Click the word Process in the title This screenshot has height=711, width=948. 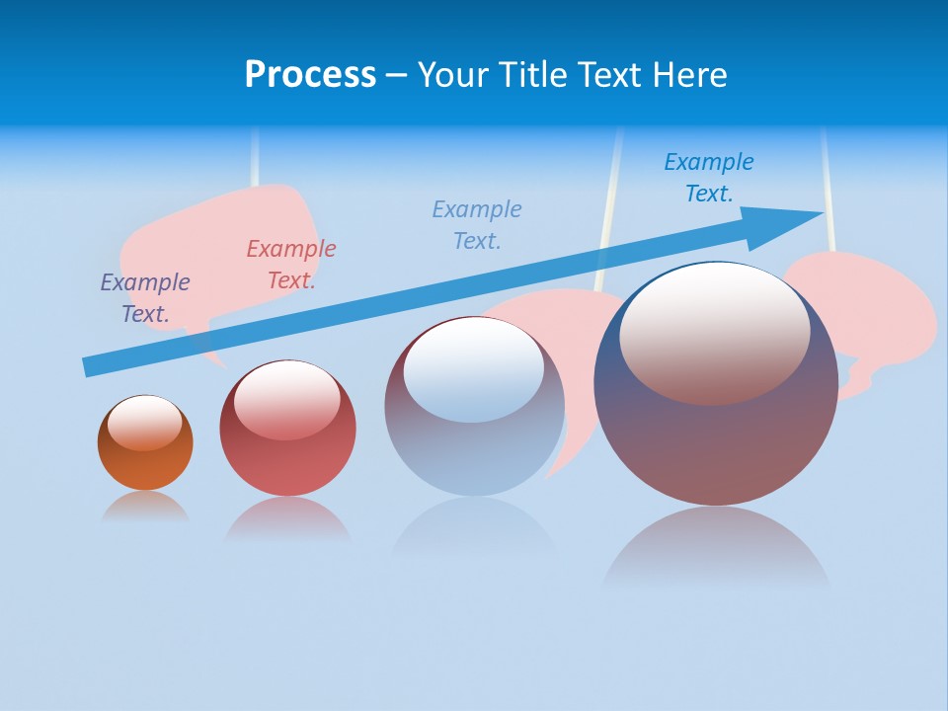310,75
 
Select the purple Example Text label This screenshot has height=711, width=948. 145,297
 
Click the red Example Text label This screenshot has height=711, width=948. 291,264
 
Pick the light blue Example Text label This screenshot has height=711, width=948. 477,224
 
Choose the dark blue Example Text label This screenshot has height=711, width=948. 709,177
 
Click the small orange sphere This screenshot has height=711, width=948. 145,464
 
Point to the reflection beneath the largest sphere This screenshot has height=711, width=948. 716,548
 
